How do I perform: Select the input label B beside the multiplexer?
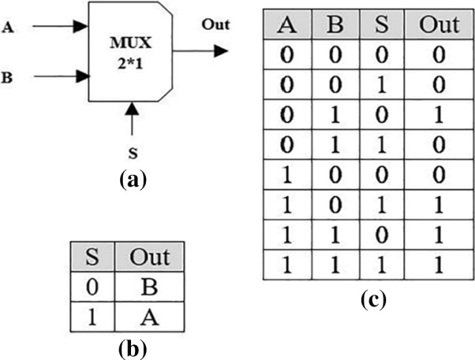tap(9, 77)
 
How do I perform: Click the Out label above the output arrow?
tap(216, 26)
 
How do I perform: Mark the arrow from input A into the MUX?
tap(61, 26)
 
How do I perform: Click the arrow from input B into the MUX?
tap(61, 77)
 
